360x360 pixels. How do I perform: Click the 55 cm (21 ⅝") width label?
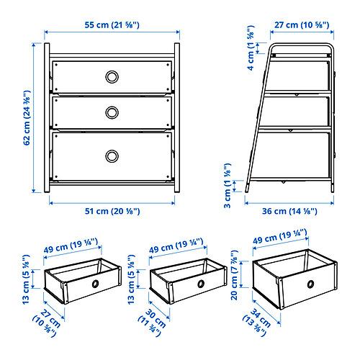tap(112, 25)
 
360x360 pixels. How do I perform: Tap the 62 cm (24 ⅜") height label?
tap(27, 117)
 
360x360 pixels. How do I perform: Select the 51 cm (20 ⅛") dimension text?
tap(112, 211)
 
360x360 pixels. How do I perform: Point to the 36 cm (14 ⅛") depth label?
tap(289, 211)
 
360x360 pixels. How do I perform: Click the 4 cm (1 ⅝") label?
tap(251, 48)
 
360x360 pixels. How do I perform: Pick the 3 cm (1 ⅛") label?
tap(228, 186)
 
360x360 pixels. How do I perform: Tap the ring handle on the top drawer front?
tap(112, 77)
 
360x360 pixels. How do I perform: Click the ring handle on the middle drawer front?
tap(112, 112)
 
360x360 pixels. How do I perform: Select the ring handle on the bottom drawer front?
tap(112, 156)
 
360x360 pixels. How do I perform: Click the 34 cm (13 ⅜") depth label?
tap(257, 323)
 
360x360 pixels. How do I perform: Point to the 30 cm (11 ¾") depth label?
tap(152, 323)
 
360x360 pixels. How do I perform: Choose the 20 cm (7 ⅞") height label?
tap(234, 275)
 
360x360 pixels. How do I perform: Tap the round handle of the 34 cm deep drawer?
tap(310, 284)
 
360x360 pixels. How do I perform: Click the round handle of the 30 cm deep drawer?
tap(201, 284)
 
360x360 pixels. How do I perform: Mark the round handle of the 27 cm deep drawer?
tap(95, 284)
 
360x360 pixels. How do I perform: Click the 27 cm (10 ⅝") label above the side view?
tap(302, 25)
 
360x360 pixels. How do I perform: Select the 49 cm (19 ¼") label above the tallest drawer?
tap(280, 236)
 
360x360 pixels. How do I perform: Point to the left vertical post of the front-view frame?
tap(47, 117)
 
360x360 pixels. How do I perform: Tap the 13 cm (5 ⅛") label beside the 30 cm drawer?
tap(131, 280)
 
